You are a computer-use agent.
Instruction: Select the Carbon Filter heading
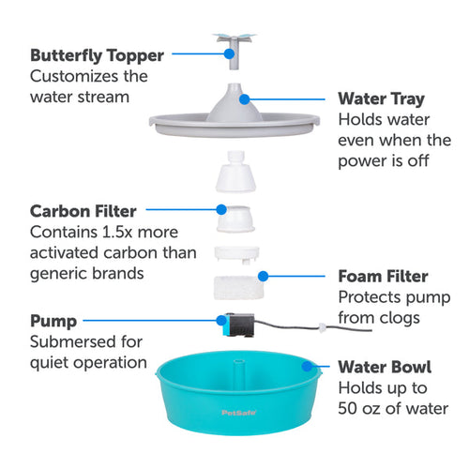tap(83, 210)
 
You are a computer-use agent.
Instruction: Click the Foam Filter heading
tap(384, 277)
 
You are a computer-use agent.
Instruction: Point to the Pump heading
tap(54, 321)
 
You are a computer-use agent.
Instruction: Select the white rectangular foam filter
tap(234, 284)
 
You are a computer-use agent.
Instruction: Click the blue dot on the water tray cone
tap(242, 97)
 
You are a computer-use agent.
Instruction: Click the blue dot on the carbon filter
tap(221, 210)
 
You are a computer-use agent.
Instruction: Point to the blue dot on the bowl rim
tap(313, 366)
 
